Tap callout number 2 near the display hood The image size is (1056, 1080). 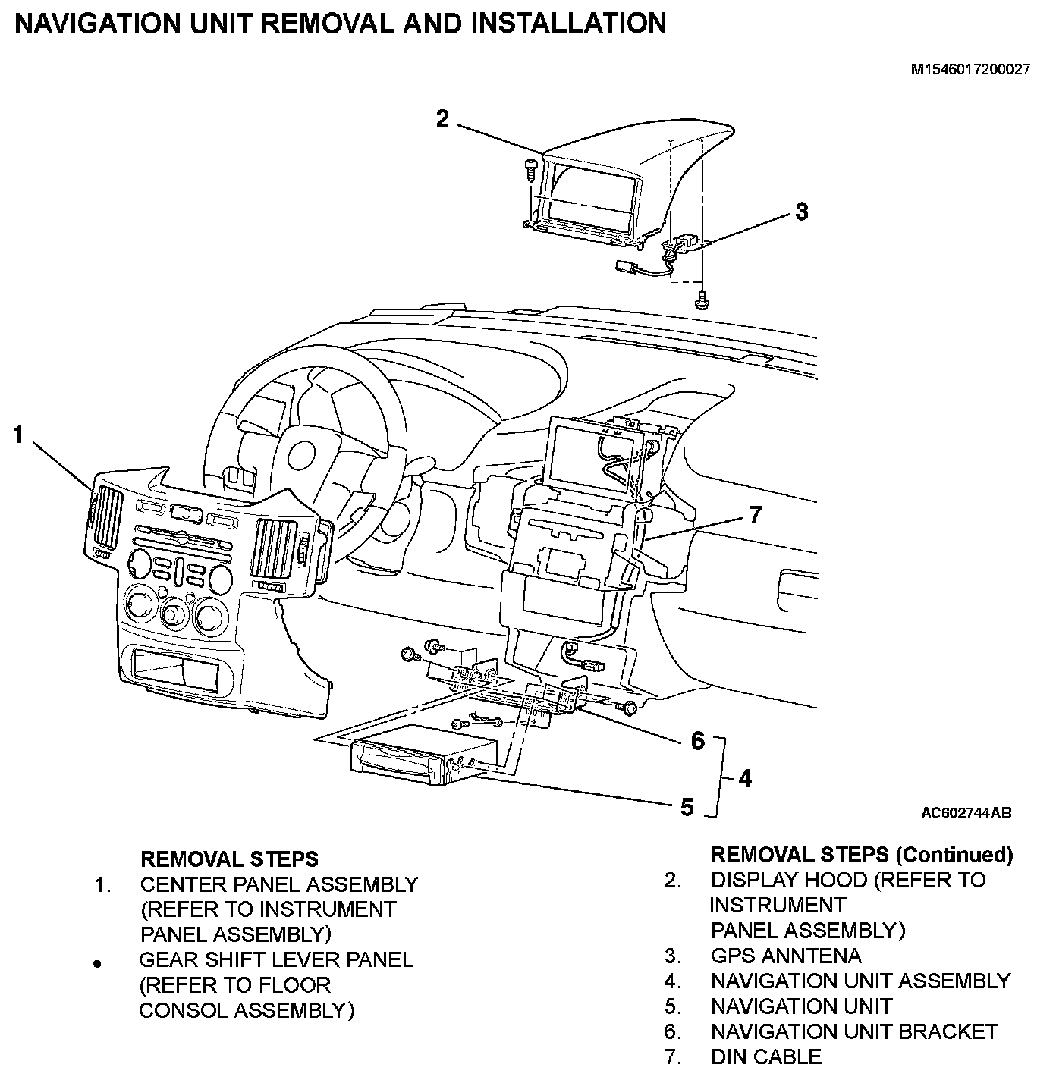(x=442, y=118)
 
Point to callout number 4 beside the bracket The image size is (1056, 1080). (x=745, y=778)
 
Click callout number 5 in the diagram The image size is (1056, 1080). (x=687, y=807)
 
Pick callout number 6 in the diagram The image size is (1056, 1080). (x=698, y=740)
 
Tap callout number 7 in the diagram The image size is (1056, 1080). (x=754, y=515)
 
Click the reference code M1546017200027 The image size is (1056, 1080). (x=970, y=70)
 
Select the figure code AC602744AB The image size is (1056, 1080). (x=966, y=813)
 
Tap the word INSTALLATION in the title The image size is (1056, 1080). (x=568, y=24)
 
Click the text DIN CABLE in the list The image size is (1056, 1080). (x=765, y=1056)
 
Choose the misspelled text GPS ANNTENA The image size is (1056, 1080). (x=785, y=956)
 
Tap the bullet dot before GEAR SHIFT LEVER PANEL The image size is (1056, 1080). (x=96, y=965)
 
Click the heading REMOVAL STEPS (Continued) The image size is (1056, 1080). (x=861, y=855)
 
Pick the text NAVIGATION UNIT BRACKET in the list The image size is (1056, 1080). (x=853, y=1031)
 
